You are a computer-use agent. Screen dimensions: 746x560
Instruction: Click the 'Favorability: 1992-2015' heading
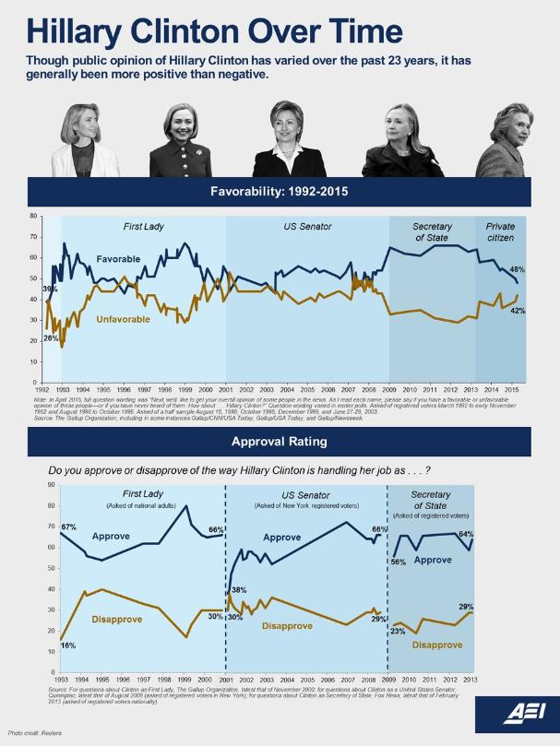(x=280, y=193)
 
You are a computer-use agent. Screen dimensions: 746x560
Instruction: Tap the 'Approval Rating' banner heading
(x=280, y=441)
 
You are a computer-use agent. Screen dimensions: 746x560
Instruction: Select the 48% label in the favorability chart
(x=517, y=269)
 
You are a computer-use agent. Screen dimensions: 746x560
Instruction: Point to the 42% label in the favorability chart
(x=518, y=311)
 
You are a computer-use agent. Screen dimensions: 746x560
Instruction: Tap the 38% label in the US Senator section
(x=239, y=589)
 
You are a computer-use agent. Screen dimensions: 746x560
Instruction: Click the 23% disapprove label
(x=398, y=631)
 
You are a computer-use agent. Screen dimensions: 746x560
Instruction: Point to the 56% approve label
(x=399, y=562)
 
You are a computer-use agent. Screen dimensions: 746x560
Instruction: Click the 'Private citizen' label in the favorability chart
(x=500, y=232)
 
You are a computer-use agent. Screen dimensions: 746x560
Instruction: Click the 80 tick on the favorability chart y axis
(x=33, y=217)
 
